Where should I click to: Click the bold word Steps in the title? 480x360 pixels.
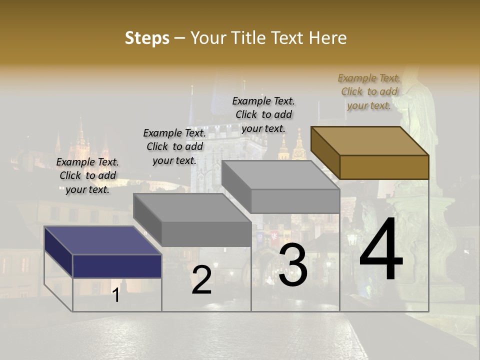pyautogui.click(x=147, y=38)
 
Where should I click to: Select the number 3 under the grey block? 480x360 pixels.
pyautogui.click(x=293, y=265)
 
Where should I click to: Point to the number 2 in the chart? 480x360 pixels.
pyautogui.click(x=201, y=280)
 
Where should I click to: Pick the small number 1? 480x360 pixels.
pyautogui.click(x=116, y=295)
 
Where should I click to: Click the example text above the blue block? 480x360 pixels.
pyautogui.click(x=87, y=175)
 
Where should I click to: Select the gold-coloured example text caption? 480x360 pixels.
pyautogui.click(x=369, y=91)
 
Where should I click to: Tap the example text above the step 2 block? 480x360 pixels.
pyautogui.click(x=174, y=146)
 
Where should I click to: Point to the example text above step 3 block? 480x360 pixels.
pyautogui.click(x=263, y=114)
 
